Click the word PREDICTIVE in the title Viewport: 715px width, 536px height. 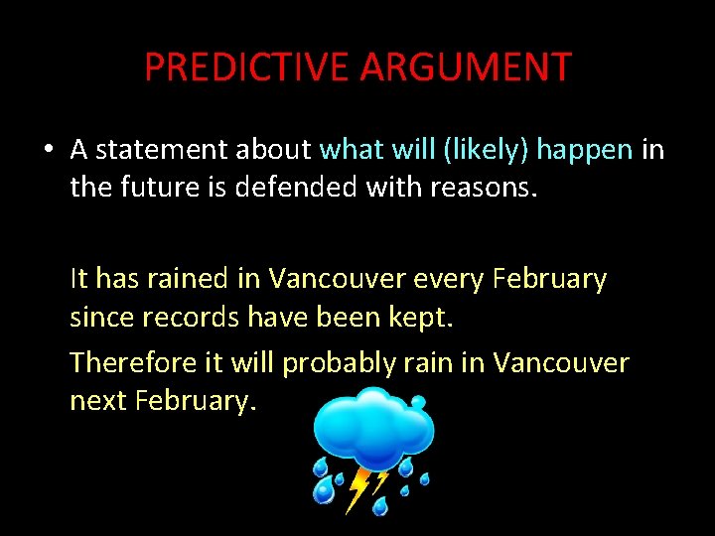click(x=247, y=67)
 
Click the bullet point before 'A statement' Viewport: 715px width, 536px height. click(x=49, y=150)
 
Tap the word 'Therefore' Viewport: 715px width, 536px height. click(x=134, y=362)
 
